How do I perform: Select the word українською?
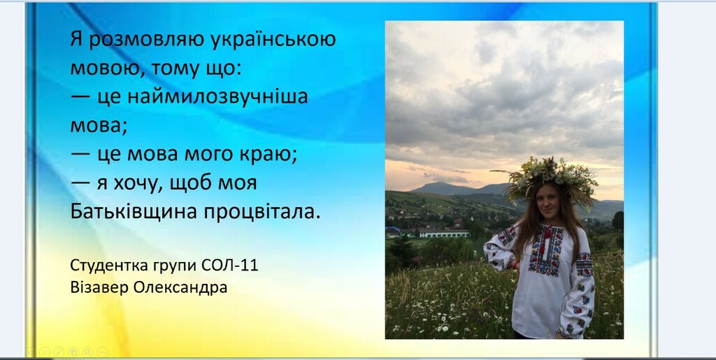pos(273,40)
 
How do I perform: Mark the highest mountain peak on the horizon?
pos(439,183)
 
